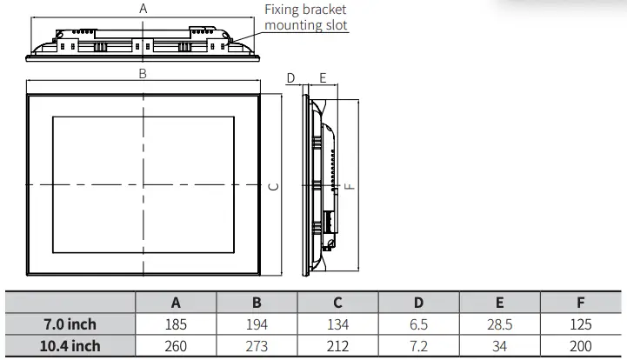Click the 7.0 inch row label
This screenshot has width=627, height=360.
tap(71, 324)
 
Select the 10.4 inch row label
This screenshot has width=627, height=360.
tap(71, 345)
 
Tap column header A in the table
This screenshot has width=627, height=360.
tap(176, 303)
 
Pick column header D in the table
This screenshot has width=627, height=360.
tap(418, 303)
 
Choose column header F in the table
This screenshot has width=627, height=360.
tap(581, 303)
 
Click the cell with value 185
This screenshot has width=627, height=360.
tap(176, 324)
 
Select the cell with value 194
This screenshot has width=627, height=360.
tap(257, 324)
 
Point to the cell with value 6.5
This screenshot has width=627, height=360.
tap(418, 324)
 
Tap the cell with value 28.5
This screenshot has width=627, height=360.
tap(499, 324)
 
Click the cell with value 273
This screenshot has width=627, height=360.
tap(257, 345)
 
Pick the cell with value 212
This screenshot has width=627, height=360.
tap(337, 345)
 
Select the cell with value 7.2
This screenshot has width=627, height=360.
tap(418, 345)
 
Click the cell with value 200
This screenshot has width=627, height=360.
tap(581, 345)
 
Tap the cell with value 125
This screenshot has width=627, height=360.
tap(581, 324)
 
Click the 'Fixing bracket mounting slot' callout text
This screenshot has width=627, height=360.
tap(305, 17)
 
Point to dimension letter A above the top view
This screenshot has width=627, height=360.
tap(143, 8)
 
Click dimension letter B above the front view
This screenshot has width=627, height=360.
tap(143, 74)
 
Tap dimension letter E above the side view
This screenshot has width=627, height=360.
tap(323, 78)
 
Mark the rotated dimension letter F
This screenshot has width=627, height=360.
tap(349, 186)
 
